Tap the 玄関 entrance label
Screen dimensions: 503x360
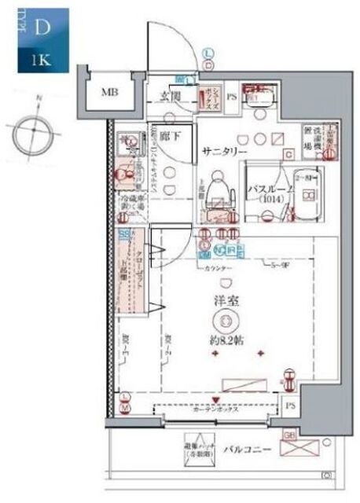click(172, 97)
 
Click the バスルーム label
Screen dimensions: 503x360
click(270, 190)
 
